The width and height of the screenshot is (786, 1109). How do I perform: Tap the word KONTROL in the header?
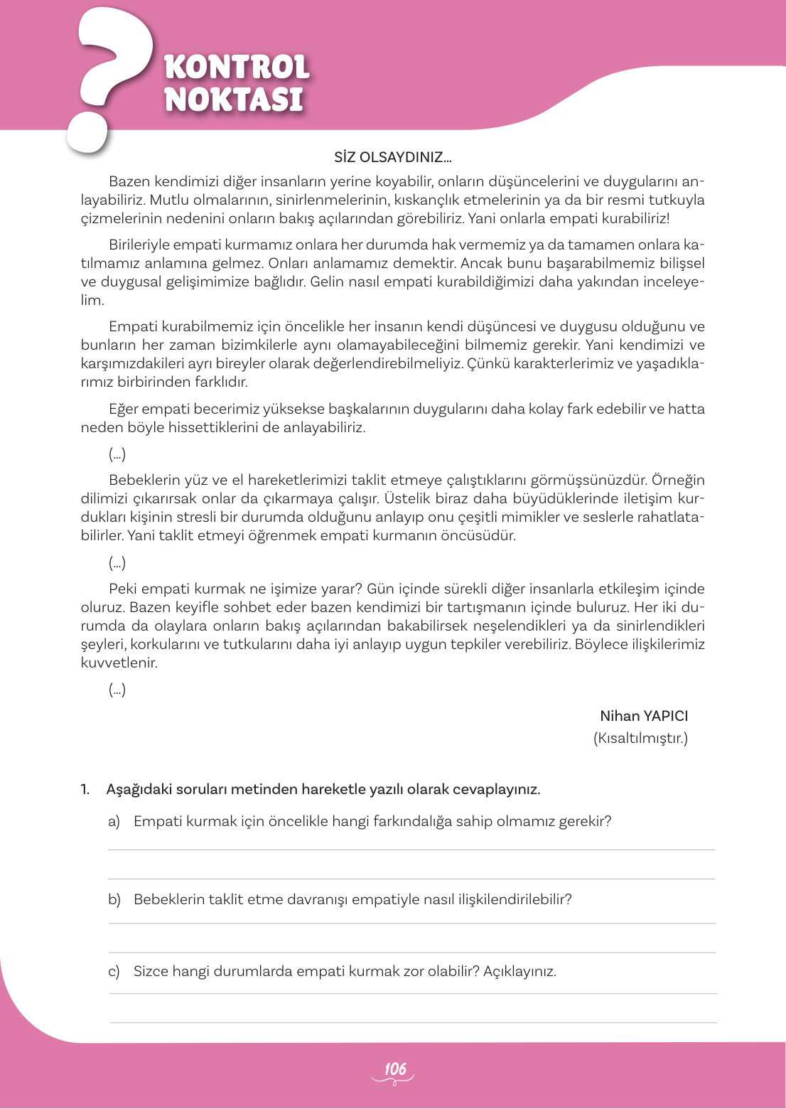(x=237, y=68)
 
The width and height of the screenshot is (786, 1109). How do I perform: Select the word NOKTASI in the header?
(x=234, y=100)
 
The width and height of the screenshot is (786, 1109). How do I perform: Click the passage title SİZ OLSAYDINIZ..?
(x=392, y=157)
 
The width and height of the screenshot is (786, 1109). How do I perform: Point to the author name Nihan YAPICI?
(x=643, y=716)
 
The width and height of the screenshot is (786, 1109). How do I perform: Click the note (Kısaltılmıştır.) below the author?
(x=640, y=738)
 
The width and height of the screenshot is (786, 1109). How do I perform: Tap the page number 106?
(x=394, y=1069)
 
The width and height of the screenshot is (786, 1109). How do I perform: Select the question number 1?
(x=85, y=789)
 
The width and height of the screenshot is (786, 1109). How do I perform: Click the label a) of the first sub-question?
(x=114, y=822)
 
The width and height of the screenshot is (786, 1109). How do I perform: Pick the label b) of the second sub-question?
(x=114, y=900)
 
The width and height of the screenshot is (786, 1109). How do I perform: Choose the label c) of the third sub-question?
(x=114, y=972)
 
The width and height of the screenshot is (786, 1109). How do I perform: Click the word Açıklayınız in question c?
(x=519, y=972)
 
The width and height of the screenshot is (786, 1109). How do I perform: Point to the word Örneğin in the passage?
(x=678, y=480)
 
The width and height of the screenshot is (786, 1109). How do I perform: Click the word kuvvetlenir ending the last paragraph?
(x=119, y=663)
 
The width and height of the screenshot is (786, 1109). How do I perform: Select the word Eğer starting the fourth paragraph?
(x=123, y=409)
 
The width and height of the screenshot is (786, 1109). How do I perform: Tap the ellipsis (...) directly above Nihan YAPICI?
(x=117, y=690)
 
